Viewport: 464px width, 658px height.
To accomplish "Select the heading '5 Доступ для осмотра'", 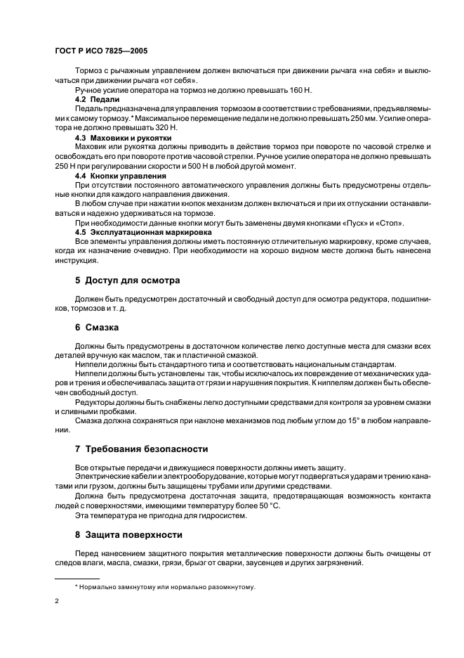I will pos(127,280).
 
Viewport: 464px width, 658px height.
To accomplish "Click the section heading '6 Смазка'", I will pos(97,328).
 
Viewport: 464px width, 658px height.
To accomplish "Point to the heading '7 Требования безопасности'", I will pos(141,449).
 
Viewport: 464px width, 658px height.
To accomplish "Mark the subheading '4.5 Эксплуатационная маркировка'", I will pos(138,231).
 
